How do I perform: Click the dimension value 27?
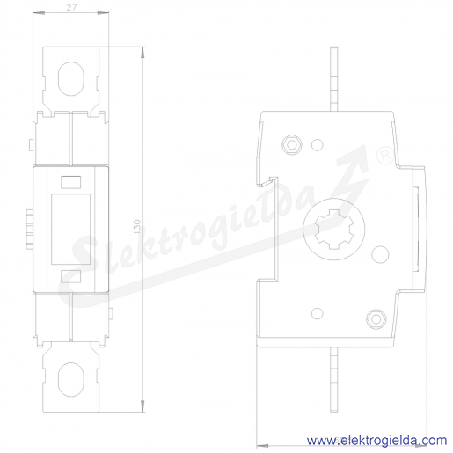coord(71,7)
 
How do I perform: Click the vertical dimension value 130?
coord(137,227)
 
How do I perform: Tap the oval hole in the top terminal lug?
coord(71,78)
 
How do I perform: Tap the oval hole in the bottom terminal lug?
coord(71,379)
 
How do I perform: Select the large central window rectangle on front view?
coord(70,229)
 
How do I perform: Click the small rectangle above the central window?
coord(70,182)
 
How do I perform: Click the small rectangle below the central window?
coord(70,276)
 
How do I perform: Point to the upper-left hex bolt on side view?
coord(292,144)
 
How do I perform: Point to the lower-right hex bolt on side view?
coord(376,319)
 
